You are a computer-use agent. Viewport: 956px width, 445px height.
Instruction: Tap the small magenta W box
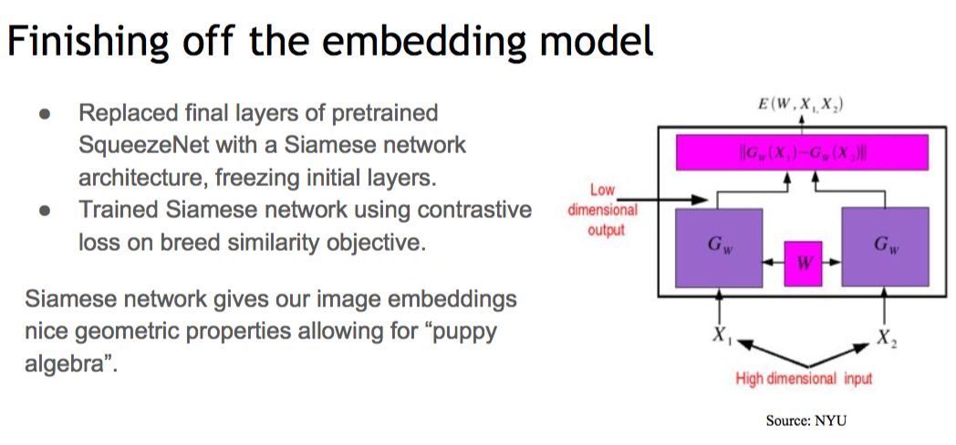click(x=803, y=263)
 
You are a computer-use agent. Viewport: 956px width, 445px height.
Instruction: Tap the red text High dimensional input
click(x=803, y=378)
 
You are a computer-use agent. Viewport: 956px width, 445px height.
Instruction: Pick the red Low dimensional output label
click(x=603, y=210)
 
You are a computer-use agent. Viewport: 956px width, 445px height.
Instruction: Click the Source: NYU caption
click(x=807, y=420)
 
